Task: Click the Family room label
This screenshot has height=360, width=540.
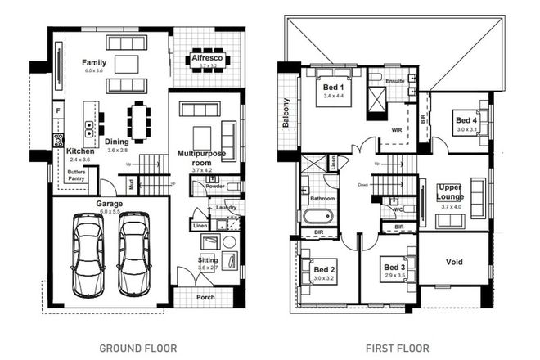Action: (x=94, y=62)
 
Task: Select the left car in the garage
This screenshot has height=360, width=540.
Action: (x=87, y=254)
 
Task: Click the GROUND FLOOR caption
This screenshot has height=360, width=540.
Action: (x=137, y=348)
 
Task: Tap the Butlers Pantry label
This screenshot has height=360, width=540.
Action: (x=78, y=175)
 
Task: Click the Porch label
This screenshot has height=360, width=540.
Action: (x=205, y=297)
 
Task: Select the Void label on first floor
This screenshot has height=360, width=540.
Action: (x=454, y=263)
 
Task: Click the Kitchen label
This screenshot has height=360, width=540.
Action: (x=80, y=151)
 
